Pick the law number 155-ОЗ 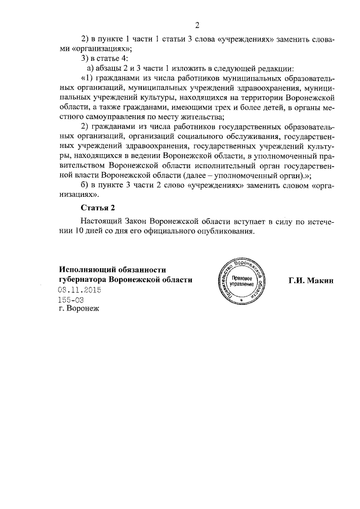coord(71,300)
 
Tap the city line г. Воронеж coord(78,309)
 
